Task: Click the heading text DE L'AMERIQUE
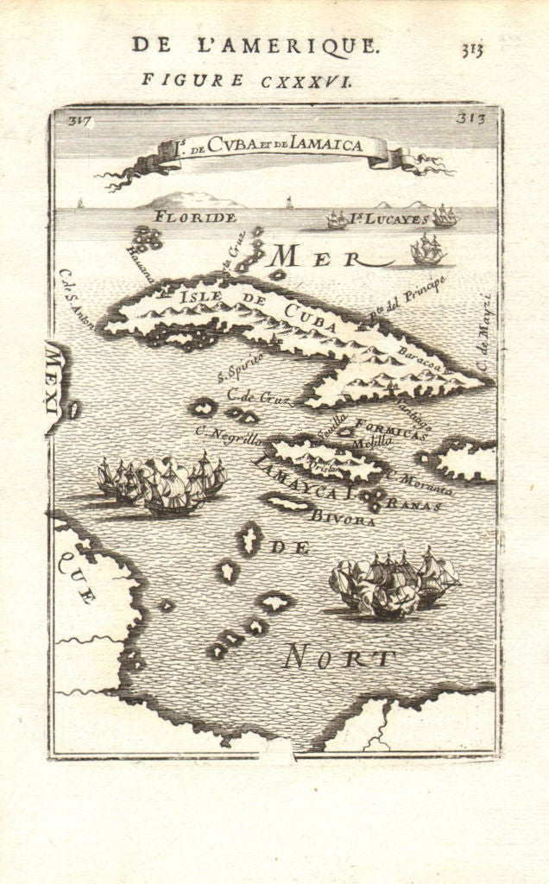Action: click(255, 46)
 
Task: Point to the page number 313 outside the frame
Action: click(471, 49)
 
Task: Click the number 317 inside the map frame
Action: click(80, 121)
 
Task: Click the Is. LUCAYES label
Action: click(389, 219)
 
